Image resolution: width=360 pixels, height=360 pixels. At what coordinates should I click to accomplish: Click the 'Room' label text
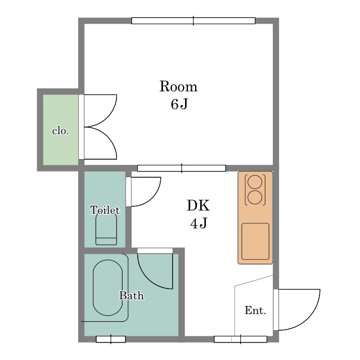click(x=178, y=86)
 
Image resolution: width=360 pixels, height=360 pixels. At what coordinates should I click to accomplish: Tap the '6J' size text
click(x=179, y=104)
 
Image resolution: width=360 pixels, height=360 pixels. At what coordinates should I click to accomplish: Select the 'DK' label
click(x=198, y=205)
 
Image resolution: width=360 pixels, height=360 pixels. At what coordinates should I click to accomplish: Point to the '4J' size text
click(x=199, y=223)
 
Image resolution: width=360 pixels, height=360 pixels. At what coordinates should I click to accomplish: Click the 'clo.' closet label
click(x=61, y=131)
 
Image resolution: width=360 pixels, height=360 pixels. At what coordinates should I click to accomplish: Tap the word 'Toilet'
click(x=105, y=210)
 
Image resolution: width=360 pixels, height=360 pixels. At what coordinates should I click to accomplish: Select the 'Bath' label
click(x=131, y=295)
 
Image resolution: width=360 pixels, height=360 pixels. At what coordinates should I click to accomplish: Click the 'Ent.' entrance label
click(x=255, y=310)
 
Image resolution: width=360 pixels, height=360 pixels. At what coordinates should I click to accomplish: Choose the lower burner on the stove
click(x=255, y=197)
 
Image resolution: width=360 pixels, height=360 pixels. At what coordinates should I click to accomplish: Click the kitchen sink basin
click(x=255, y=241)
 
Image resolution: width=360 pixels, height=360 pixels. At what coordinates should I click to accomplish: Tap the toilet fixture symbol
click(x=106, y=229)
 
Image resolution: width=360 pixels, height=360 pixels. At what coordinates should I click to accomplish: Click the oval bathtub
click(x=107, y=287)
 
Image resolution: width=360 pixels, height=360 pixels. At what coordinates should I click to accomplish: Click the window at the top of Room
click(x=193, y=21)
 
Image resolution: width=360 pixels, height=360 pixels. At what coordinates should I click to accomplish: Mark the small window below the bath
click(x=111, y=339)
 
